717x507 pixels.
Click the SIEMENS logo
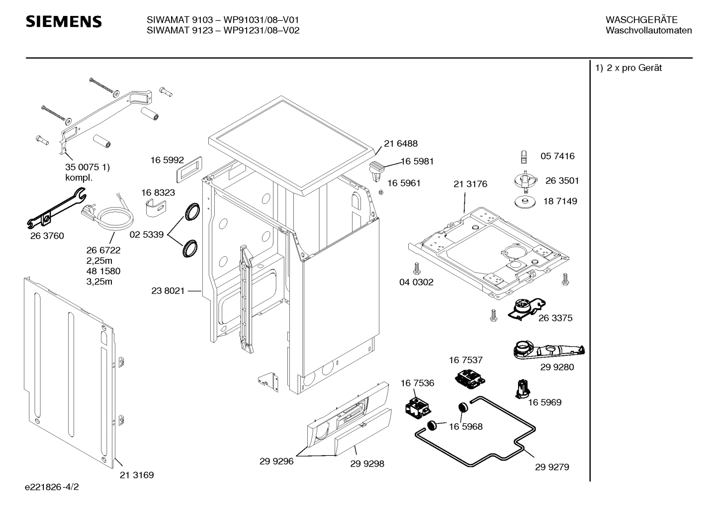point(64,22)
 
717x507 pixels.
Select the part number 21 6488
point(401,143)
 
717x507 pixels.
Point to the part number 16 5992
point(167,160)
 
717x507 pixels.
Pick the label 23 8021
point(168,291)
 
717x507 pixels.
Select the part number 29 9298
point(367,464)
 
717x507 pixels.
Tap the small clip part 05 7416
point(524,157)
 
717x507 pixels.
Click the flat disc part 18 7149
point(525,202)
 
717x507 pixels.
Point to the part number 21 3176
point(470,184)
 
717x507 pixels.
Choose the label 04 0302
point(416,282)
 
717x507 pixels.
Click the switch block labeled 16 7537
point(470,379)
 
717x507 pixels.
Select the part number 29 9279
point(552,467)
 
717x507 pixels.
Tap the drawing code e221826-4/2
point(52,487)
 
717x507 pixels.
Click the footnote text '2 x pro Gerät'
point(634,68)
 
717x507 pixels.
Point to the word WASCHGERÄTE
point(641,20)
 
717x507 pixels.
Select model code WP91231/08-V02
point(262,30)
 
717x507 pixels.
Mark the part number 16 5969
point(544,403)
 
